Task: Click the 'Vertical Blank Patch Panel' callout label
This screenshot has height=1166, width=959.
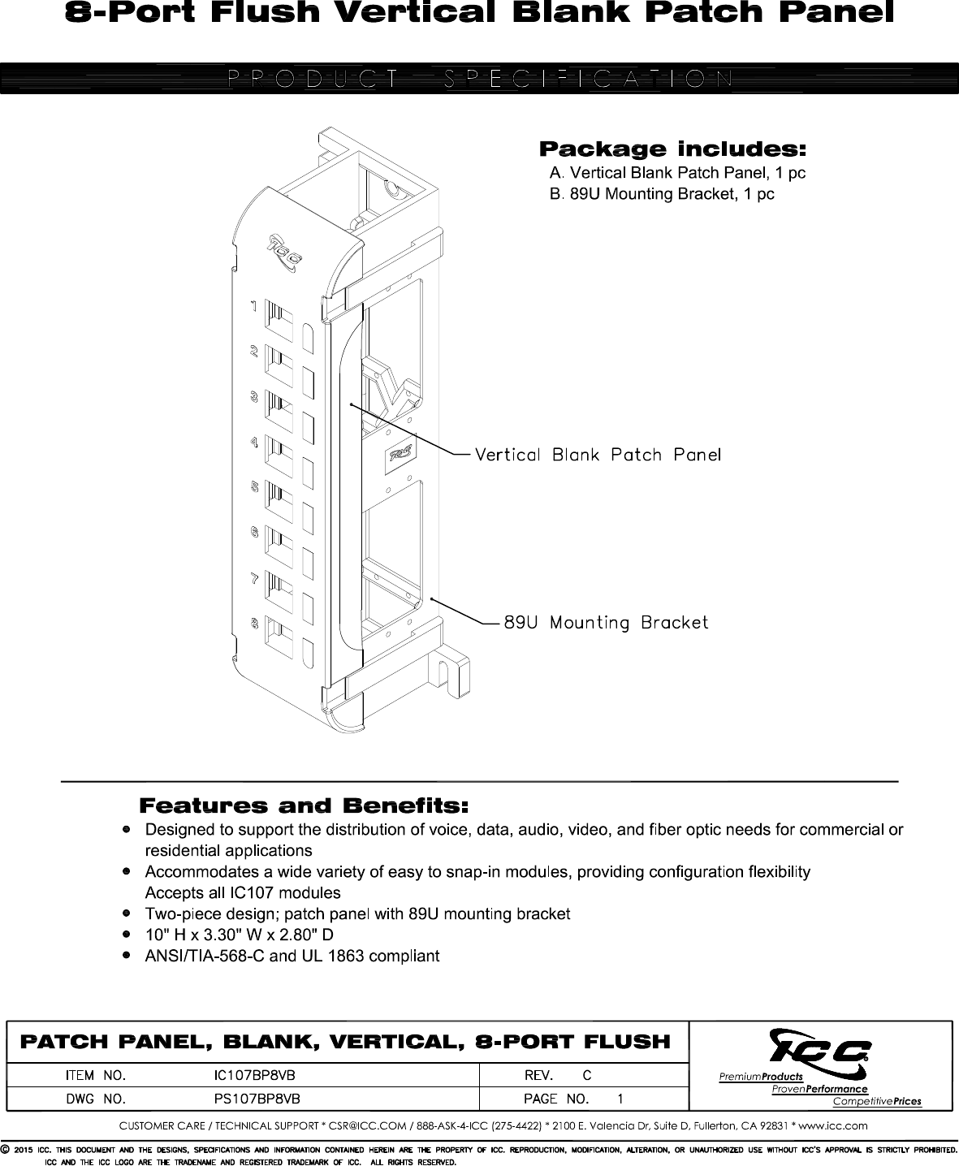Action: [x=598, y=455]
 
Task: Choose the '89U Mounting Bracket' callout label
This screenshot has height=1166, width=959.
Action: [x=606, y=623]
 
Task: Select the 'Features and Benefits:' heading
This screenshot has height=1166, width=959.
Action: [x=305, y=806]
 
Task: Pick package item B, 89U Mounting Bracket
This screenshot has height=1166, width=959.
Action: [x=662, y=195]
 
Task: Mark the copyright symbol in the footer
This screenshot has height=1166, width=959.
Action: [x=6, y=1150]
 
